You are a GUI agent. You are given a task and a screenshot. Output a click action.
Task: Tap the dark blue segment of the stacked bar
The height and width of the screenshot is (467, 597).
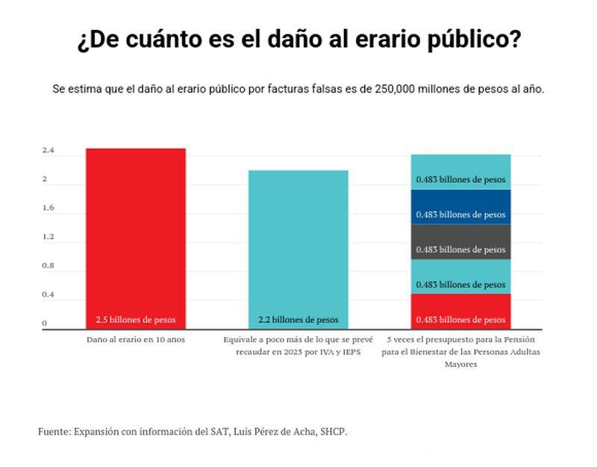pos(460,206)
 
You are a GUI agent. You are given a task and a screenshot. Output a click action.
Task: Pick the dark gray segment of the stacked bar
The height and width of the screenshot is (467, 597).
pos(460,241)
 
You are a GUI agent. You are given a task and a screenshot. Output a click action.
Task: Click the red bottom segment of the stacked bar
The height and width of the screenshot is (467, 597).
pos(460,312)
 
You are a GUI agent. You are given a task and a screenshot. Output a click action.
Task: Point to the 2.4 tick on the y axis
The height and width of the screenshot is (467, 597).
pos(48,151)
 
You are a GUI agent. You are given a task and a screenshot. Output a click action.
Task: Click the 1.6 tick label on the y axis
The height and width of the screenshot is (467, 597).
pos(48,208)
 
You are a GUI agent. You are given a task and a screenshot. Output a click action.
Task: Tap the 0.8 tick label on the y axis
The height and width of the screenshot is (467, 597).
pos(48,266)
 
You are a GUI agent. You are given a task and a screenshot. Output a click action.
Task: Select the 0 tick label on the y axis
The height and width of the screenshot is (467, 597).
pos(44,324)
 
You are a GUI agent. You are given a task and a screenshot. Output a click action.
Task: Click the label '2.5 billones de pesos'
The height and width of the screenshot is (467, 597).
pos(135,320)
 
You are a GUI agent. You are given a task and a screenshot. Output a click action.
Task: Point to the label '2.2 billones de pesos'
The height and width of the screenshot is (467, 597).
pos(298,320)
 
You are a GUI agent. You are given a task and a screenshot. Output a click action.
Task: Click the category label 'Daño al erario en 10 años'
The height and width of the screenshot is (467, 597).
pos(135,339)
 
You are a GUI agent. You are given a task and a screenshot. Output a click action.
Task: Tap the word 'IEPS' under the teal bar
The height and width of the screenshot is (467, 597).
pos(349,351)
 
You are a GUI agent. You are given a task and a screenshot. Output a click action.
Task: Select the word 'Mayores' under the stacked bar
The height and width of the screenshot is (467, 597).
pos(460,365)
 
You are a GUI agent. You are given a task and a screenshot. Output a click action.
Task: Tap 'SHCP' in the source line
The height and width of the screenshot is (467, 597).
pos(333,432)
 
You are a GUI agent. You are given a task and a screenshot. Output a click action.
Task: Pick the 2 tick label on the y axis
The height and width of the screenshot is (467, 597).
pos(44,179)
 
